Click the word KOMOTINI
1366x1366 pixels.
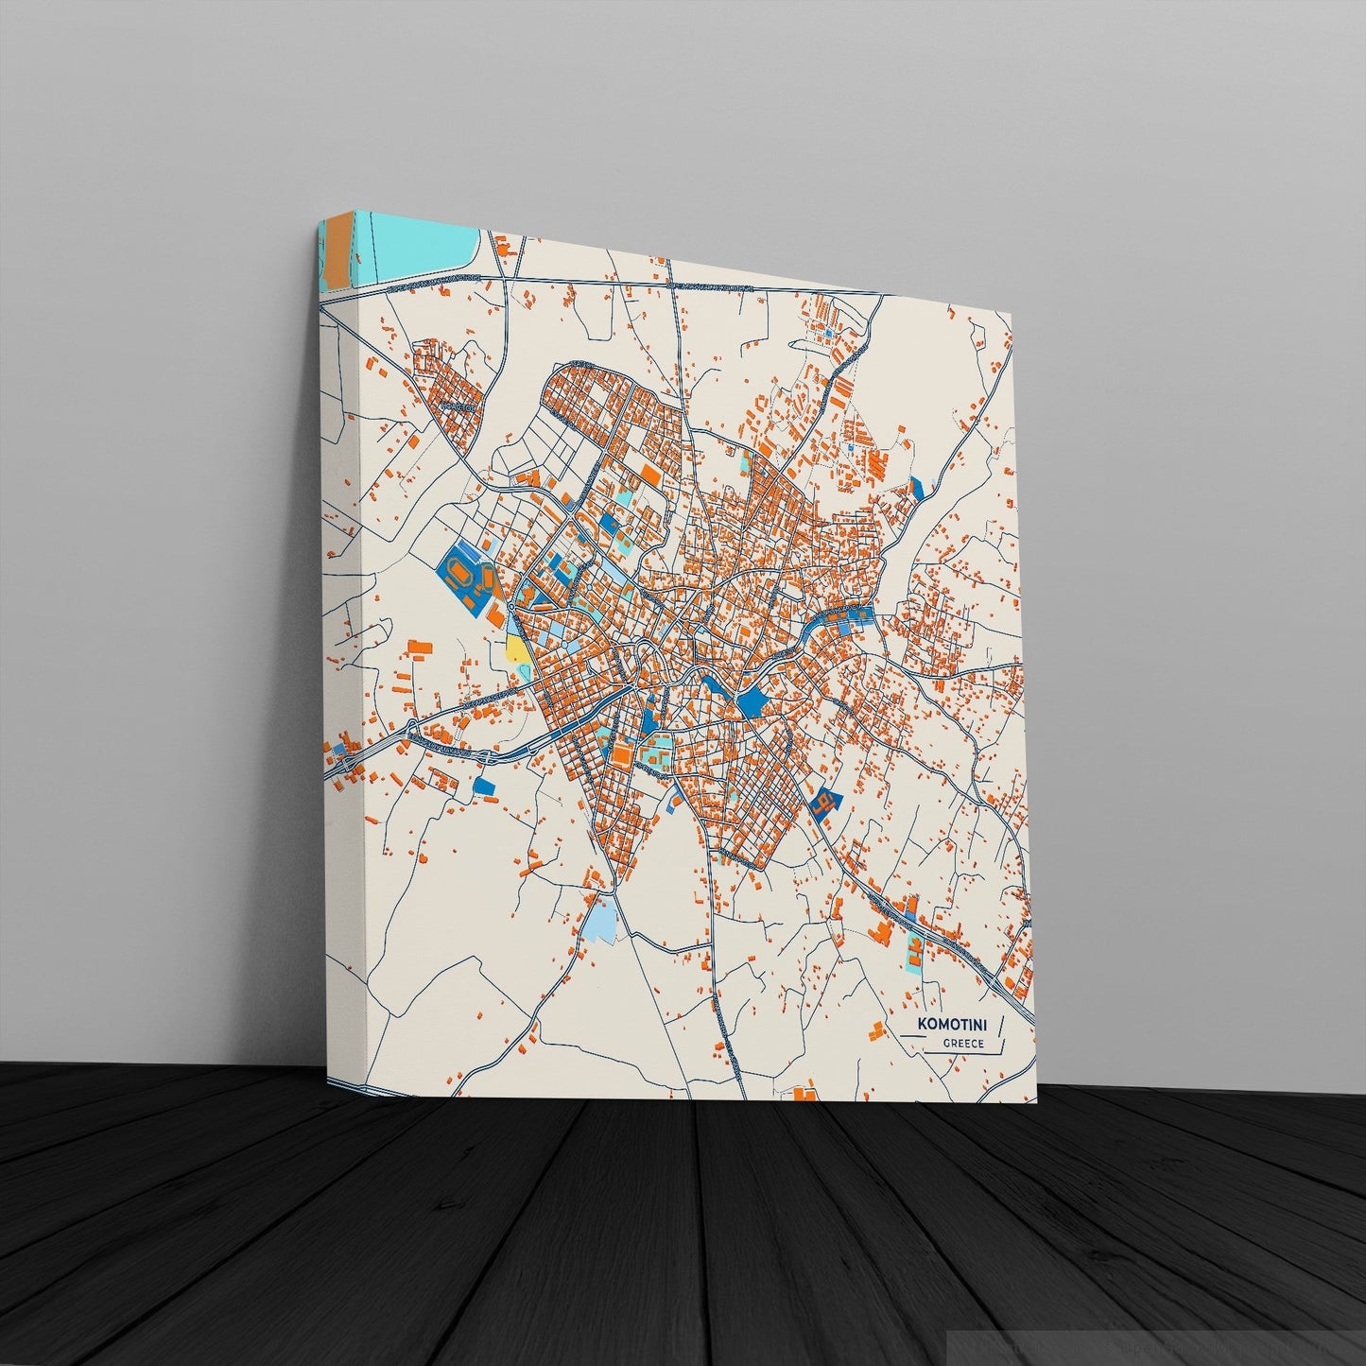pos(955,1025)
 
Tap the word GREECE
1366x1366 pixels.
pos(963,1044)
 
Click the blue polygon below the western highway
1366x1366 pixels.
pos(483,785)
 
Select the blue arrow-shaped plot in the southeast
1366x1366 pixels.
pos(825,802)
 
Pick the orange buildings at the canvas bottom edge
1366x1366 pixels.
pos(805,1092)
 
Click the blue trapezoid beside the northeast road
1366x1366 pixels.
pos(915,488)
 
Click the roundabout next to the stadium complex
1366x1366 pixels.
pos(510,606)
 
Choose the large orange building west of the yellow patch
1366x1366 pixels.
pos(420,648)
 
